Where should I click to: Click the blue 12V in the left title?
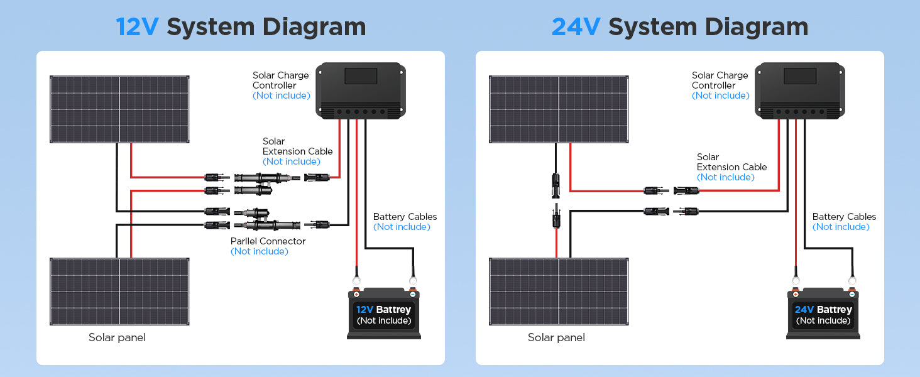pyautogui.click(x=137, y=27)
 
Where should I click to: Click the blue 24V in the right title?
pyautogui.click(x=576, y=27)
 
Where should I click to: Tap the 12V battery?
pyautogui.click(x=384, y=314)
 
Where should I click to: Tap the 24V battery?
pyautogui.click(x=823, y=314)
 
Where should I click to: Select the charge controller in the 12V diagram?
pyautogui.click(x=361, y=90)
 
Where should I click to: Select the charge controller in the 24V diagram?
pyautogui.click(x=800, y=90)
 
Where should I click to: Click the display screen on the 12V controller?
pyautogui.click(x=361, y=76)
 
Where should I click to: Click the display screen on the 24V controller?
pyautogui.click(x=800, y=76)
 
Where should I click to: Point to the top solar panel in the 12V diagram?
pyautogui.click(x=119, y=109)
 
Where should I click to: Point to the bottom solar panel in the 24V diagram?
pyautogui.click(x=559, y=292)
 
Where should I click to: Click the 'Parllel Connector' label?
pyautogui.click(x=268, y=241)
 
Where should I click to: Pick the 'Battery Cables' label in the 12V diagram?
pyautogui.click(x=405, y=216)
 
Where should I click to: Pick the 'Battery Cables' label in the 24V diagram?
pyautogui.click(x=844, y=216)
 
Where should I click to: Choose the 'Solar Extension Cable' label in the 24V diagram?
pyautogui.click(x=731, y=162)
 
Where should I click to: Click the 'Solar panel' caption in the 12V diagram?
pyautogui.click(x=117, y=337)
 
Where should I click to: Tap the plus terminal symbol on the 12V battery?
pyautogui.click(x=356, y=295)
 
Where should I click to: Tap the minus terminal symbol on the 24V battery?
pyautogui.click(x=852, y=295)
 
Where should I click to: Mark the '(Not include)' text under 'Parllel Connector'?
pyautogui.click(x=259, y=251)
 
